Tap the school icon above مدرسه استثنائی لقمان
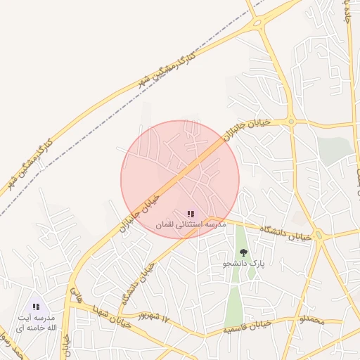191,213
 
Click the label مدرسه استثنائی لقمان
191,224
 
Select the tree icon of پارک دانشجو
243,252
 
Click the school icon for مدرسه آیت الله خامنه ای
35,307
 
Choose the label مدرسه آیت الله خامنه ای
35,322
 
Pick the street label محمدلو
311,320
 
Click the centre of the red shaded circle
180,179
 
